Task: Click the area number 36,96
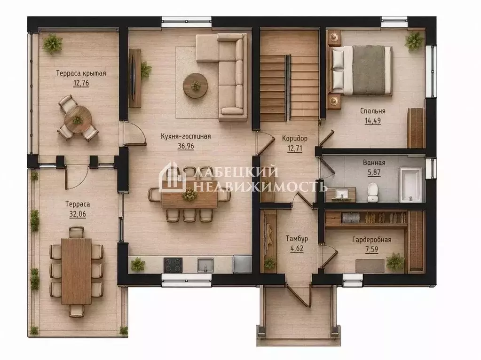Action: coord(186,146)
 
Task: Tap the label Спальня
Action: coord(373,111)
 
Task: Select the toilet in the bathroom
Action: coord(373,193)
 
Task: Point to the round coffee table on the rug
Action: coord(195,86)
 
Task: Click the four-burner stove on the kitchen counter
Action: coord(173,265)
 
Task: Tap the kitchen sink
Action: coord(205,265)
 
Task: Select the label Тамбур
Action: coord(297,238)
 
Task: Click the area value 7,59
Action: coord(371,249)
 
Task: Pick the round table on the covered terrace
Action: coord(78,119)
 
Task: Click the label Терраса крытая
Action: coord(81,73)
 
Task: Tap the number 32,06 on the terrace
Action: coord(78,214)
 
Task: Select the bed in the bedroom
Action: coord(360,70)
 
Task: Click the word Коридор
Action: coord(294,138)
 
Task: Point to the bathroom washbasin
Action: coord(341,195)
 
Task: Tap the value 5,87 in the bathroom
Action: coord(374,172)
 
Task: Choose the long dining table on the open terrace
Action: coord(76,271)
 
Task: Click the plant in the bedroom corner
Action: coord(414,40)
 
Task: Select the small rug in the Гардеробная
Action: coord(370,266)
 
